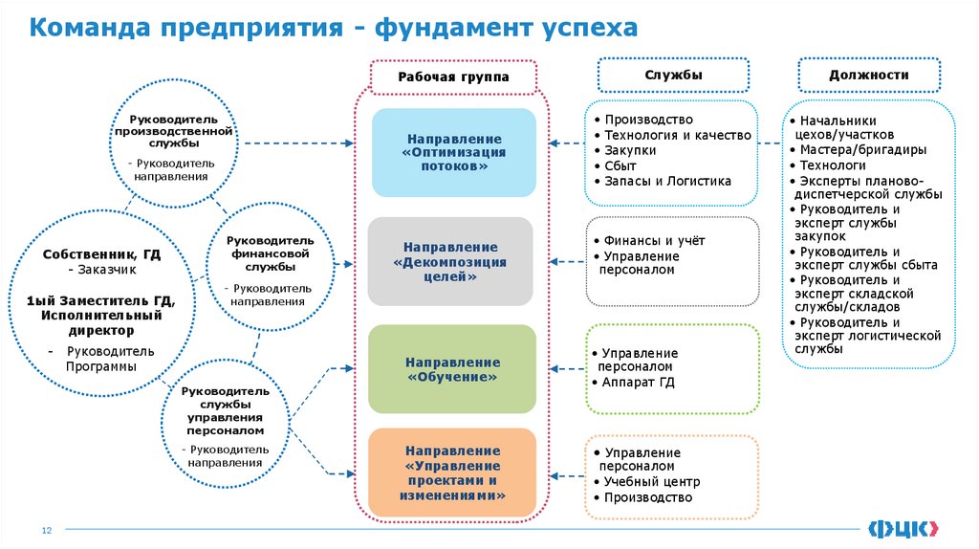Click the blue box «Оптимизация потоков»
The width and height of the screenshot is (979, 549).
tap(453, 152)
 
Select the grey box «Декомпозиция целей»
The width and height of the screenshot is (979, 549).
tap(449, 261)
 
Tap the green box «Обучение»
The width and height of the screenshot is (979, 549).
tap(452, 369)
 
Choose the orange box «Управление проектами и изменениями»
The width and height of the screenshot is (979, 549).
tap(452, 473)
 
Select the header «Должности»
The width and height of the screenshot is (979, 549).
tap(868, 75)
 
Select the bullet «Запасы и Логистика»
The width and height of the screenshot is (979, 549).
tap(667, 181)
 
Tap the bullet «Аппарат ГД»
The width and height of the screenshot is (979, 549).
tap(640, 381)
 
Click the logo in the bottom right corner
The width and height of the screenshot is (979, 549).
tap(903, 527)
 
